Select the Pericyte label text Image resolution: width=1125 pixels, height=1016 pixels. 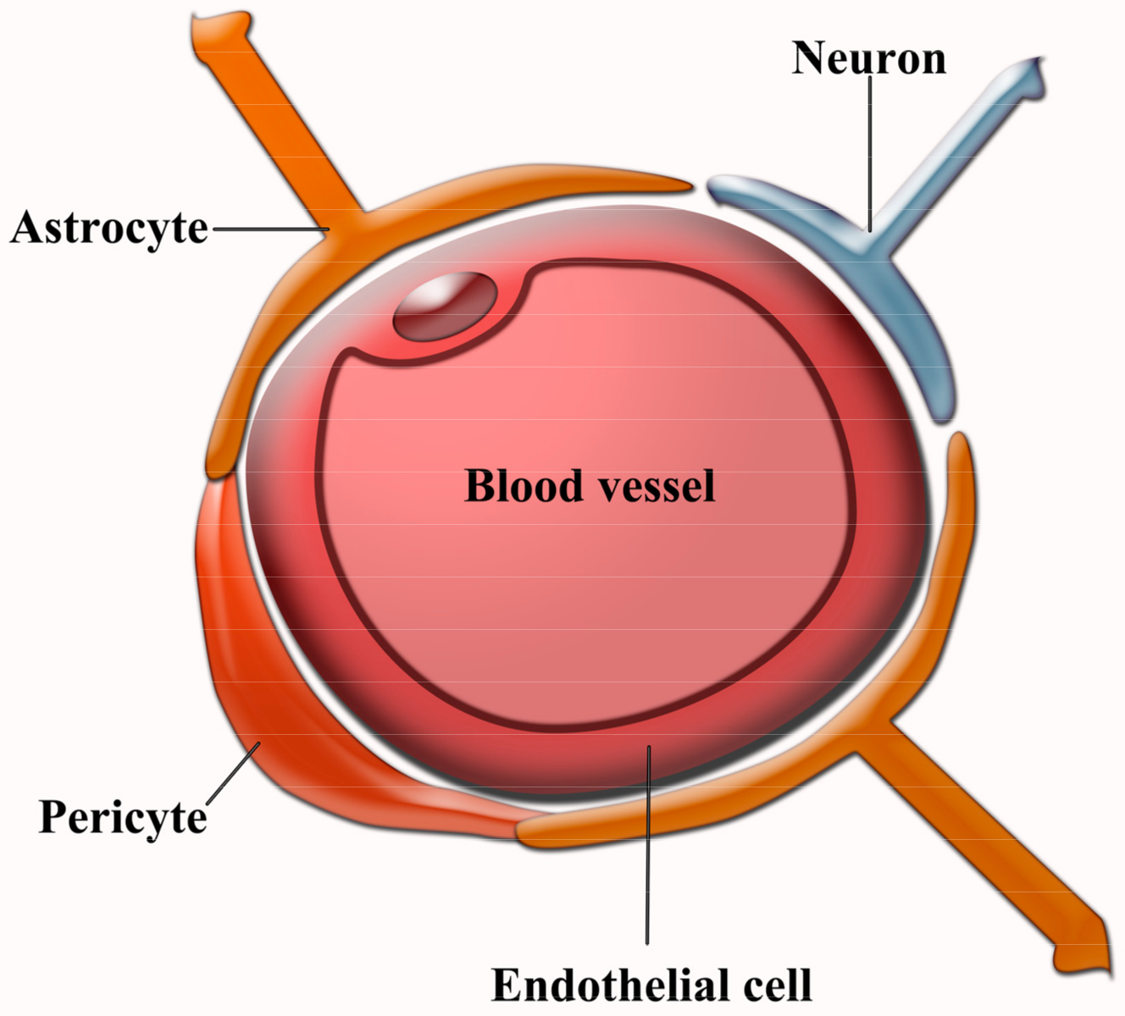123,817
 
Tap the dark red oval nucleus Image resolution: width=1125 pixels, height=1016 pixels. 445,306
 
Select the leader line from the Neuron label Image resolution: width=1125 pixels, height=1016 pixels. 869,152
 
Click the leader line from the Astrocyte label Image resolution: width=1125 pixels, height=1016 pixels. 271,228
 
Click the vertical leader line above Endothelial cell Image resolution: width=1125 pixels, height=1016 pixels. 648,847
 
